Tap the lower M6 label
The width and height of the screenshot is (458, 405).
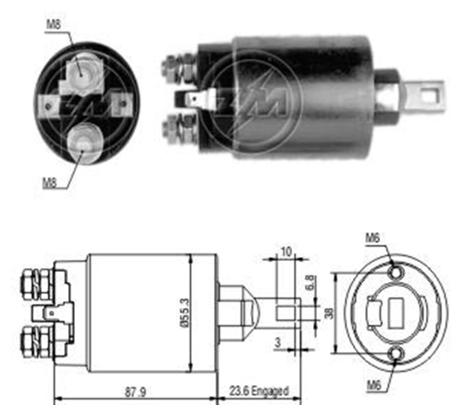coord(373,384)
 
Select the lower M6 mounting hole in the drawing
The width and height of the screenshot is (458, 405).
coord(395,352)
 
